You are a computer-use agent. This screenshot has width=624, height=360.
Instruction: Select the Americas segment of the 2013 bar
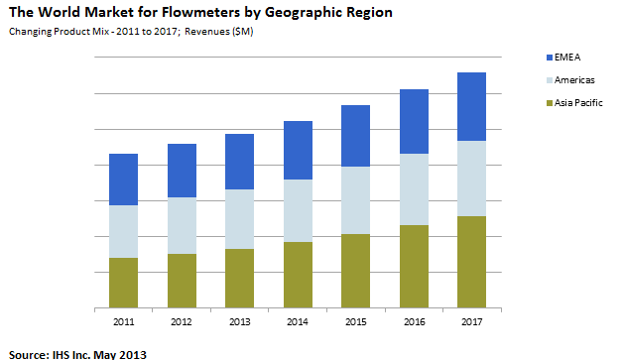coord(240,219)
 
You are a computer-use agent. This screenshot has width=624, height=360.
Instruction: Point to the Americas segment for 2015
coord(355,200)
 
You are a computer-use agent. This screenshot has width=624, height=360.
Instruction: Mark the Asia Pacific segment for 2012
coord(182,281)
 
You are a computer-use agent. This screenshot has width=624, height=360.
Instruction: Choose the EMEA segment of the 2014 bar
coord(298,151)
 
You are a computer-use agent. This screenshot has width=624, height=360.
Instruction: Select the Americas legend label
coord(576,79)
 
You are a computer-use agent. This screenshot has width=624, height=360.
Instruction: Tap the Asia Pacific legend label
coord(580,102)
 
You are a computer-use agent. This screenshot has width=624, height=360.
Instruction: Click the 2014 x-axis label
coord(298,322)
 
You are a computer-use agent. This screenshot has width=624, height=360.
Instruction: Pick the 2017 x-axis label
coord(471,322)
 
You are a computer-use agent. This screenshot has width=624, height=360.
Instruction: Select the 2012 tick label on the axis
coord(182,322)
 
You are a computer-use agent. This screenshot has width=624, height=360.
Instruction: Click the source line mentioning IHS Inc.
coord(78,352)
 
